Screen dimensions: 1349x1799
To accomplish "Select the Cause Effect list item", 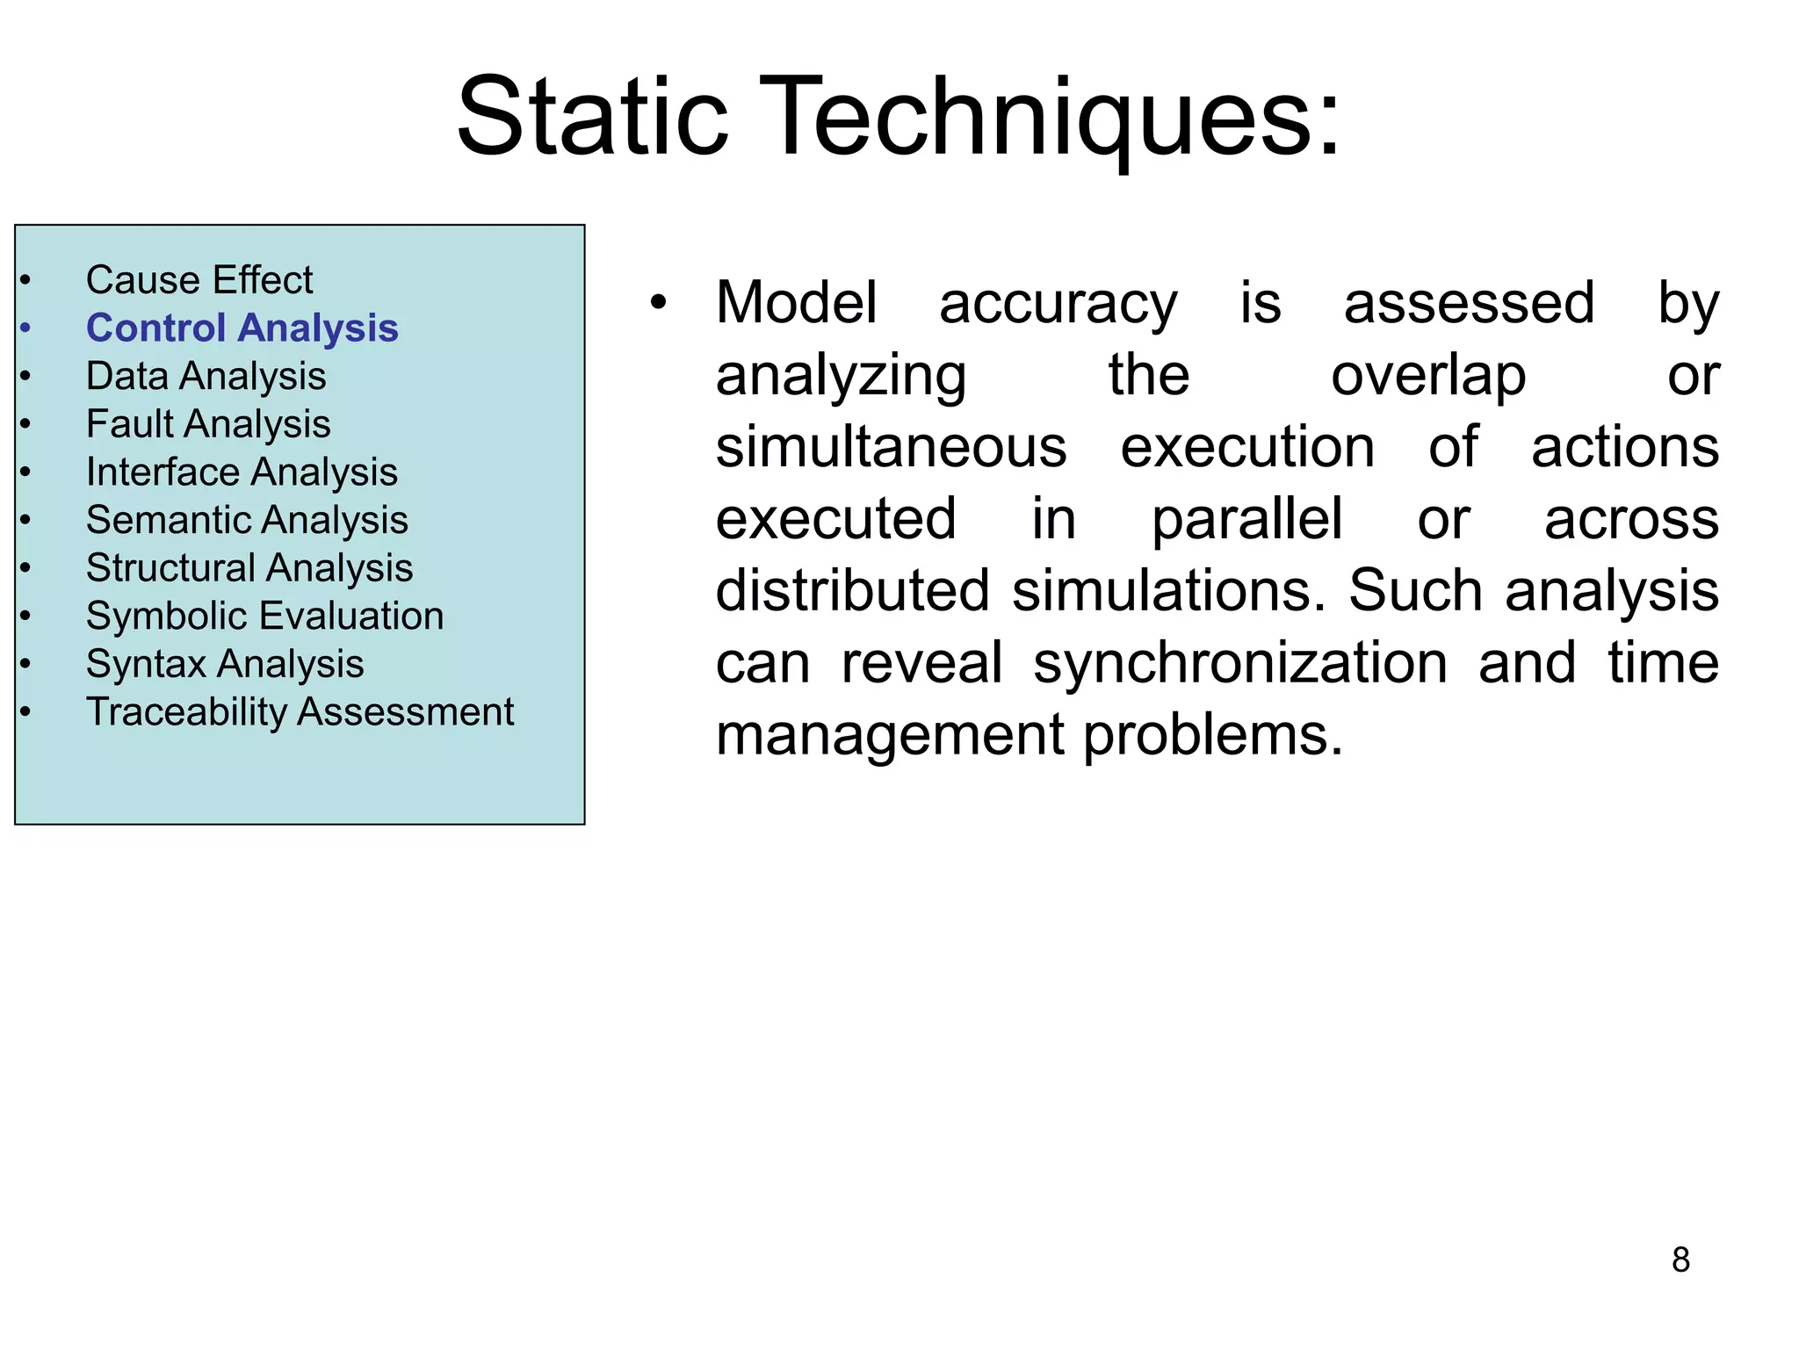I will pyautogui.click(x=199, y=280).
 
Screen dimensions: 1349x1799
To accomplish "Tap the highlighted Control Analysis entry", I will pyautogui.click(x=242, y=328).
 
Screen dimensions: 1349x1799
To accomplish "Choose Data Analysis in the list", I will pyautogui.click(x=206, y=377).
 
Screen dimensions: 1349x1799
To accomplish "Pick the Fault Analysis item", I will pyautogui.click(x=208, y=424).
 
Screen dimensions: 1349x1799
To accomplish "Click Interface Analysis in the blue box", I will pyautogui.click(x=242, y=473).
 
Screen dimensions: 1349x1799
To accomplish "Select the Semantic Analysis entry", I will pyautogui.click(x=247, y=520).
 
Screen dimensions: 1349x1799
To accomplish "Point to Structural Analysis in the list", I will pyautogui.click(x=249, y=568).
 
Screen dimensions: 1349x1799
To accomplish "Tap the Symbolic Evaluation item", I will pyautogui.click(x=264, y=616).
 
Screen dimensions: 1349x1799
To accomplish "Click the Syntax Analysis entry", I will pyautogui.click(x=225, y=664).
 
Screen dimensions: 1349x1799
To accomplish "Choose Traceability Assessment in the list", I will pyautogui.click(x=300, y=711).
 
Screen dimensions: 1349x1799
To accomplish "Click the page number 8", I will pyautogui.click(x=1680, y=1260).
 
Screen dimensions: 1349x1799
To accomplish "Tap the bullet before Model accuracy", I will pyautogui.click(x=659, y=303).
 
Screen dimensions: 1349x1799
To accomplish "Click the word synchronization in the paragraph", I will pyautogui.click(x=1239, y=662).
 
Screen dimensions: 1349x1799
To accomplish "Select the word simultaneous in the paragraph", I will pyautogui.click(x=891, y=447).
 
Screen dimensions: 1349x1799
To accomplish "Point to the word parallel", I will pyautogui.click(x=1246, y=519).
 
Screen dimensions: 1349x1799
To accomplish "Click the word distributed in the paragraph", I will pyautogui.click(x=852, y=590).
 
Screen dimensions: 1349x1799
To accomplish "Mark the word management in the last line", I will pyautogui.click(x=889, y=734).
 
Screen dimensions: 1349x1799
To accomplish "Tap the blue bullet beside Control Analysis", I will pyautogui.click(x=26, y=328).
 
